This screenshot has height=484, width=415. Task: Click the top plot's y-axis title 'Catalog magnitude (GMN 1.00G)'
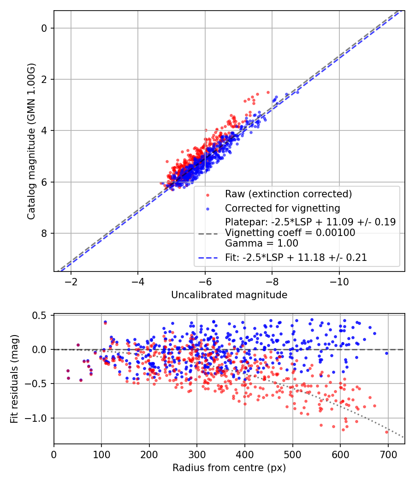click(31, 140)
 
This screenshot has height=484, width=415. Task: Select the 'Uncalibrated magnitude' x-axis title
click(229, 295)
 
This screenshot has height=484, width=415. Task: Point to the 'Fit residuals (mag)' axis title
click(15, 379)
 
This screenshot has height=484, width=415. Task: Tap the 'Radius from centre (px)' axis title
click(229, 468)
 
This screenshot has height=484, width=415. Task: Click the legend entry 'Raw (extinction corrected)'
click(288, 194)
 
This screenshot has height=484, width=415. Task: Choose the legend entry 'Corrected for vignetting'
click(282, 208)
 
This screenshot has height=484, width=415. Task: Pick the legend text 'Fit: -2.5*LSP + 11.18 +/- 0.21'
click(296, 258)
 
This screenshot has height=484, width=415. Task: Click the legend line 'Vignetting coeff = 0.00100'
click(290, 233)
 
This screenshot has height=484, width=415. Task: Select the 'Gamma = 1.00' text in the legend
click(261, 243)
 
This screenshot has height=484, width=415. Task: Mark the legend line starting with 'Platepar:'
click(310, 222)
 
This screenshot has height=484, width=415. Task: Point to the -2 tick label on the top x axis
click(71, 282)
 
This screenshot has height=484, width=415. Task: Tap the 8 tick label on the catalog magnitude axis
click(45, 233)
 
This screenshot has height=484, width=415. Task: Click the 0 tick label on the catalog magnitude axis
click(45, 28)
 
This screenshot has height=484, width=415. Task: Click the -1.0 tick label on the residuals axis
click(39, 418)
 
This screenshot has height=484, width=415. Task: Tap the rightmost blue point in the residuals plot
click(386, 353)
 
